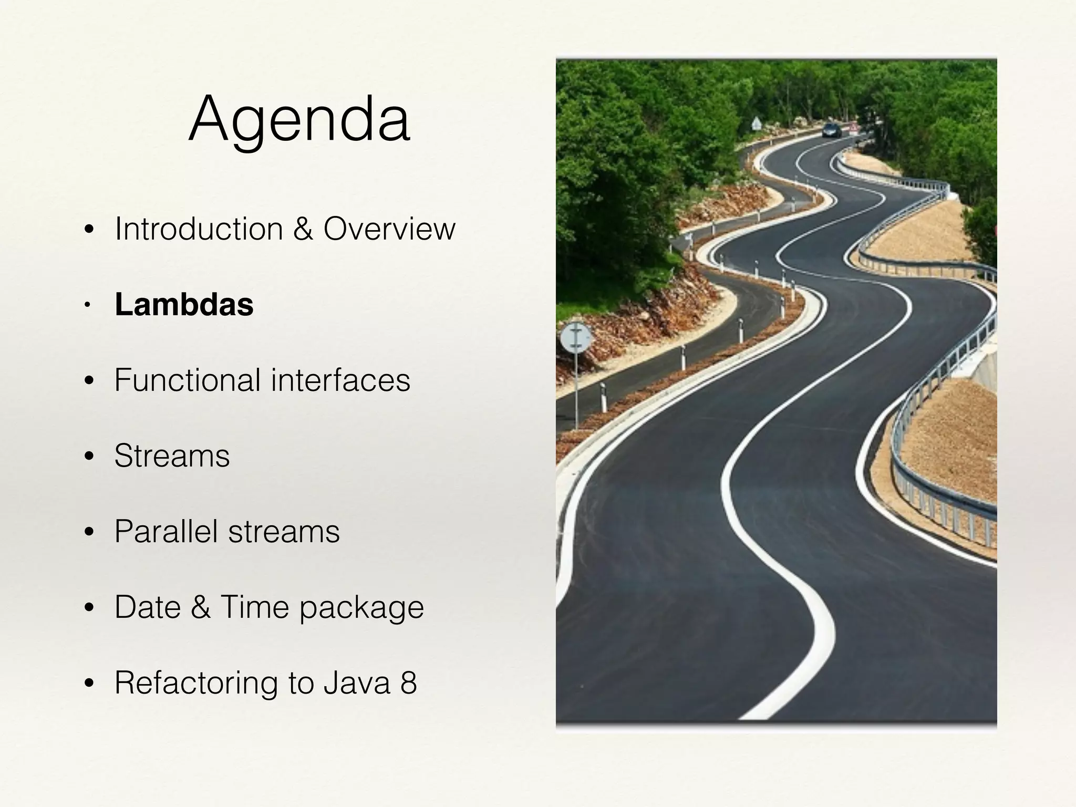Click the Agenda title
click(299, 120)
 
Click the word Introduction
click(199, 229)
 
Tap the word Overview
click(389, 229)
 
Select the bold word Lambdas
click(184, 304)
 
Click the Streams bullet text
click(172, 456)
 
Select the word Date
click(148, 607)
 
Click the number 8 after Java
click(408, 683)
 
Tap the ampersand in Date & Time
click(200, 607)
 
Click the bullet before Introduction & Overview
click(89, 230)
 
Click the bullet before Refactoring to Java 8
click(89, 684)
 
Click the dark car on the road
click(831, 130)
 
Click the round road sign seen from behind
click(576, 338)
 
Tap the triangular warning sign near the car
click(756, 125)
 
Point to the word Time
click(255, 607)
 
